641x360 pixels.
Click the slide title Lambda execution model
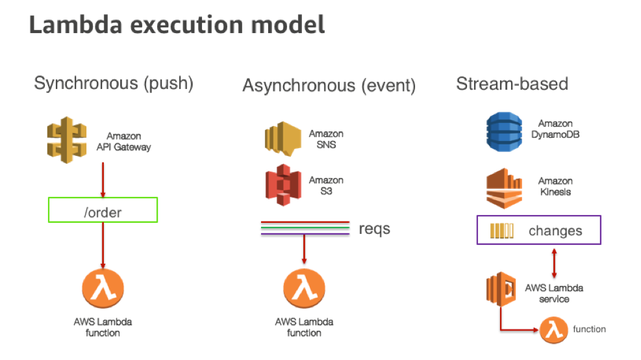coord(177,25)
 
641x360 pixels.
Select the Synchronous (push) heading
coord(114,83)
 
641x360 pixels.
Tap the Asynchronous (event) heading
coord(329,85)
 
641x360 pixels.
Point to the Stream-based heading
coord(512,83)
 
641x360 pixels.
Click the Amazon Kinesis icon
coord(505,186)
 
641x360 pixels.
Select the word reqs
coord(375,228)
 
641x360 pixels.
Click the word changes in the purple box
coord(555,231)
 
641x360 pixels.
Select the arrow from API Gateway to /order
coord(103,182)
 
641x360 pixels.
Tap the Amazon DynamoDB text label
coord(555,129)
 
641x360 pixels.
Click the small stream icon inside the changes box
coord(501,231)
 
